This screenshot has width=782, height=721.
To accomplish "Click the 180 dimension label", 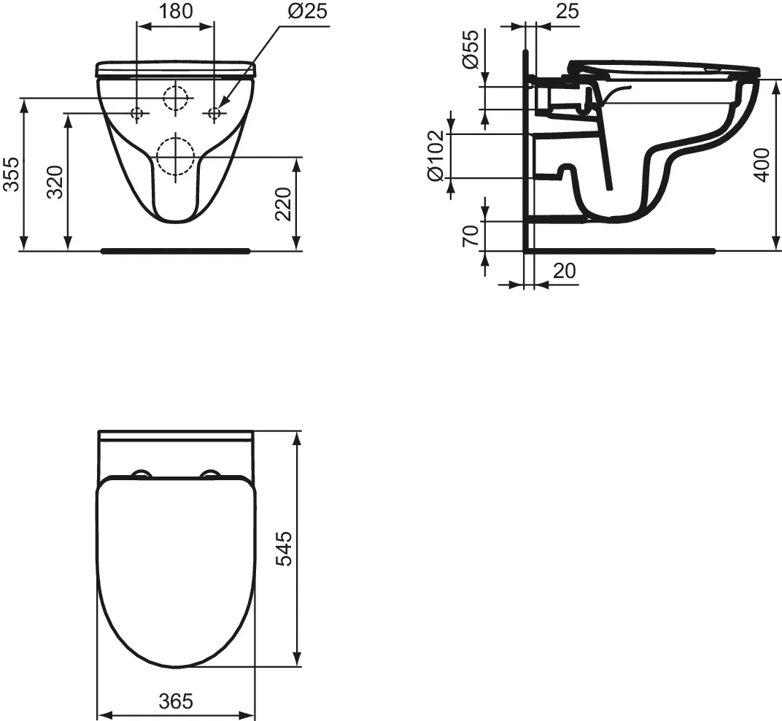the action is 176,11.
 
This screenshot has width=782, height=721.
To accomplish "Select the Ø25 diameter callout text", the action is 308,11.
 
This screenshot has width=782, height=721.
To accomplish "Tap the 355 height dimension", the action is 10,174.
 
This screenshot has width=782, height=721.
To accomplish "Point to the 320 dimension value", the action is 55,182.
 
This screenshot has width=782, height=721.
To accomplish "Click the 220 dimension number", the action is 283,204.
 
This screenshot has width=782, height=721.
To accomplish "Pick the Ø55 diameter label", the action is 471,49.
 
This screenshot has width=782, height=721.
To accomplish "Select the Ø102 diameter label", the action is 435,155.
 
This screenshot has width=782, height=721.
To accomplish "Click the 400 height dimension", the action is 762,165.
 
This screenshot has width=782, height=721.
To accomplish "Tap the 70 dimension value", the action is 471,236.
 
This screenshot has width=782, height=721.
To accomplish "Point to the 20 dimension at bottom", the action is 565,271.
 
